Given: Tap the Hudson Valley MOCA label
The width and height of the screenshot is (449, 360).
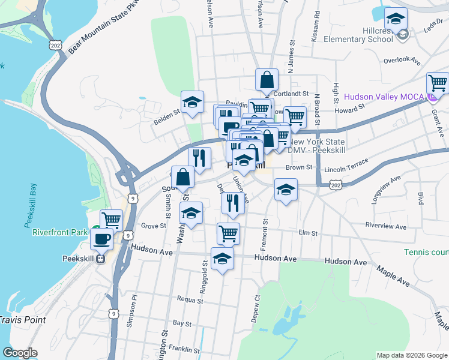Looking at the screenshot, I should click(x=385, y=96).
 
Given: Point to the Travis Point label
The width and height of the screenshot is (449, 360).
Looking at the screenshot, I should click(x=23, y=320).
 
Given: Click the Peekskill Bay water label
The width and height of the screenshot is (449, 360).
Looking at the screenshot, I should click(x=30, y=207).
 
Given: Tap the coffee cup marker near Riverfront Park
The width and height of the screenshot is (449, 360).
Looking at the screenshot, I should click(x=101, y=239).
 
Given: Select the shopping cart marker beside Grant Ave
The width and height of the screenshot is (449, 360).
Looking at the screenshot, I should click(x=438, y=83).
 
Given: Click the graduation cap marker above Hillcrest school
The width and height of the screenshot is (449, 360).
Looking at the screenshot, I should click(x=396, y=17).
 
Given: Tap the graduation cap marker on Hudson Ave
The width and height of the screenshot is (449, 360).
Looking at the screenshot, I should click(x=223, y=258).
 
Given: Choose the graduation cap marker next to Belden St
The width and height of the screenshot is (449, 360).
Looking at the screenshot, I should click(x=193, y=101).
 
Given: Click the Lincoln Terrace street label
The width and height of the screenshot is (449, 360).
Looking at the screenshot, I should click(x=349, y=170).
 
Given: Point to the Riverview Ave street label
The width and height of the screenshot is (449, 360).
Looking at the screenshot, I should click(x=386, y=227).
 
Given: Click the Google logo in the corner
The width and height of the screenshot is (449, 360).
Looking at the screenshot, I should click(x=20, y=353).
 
